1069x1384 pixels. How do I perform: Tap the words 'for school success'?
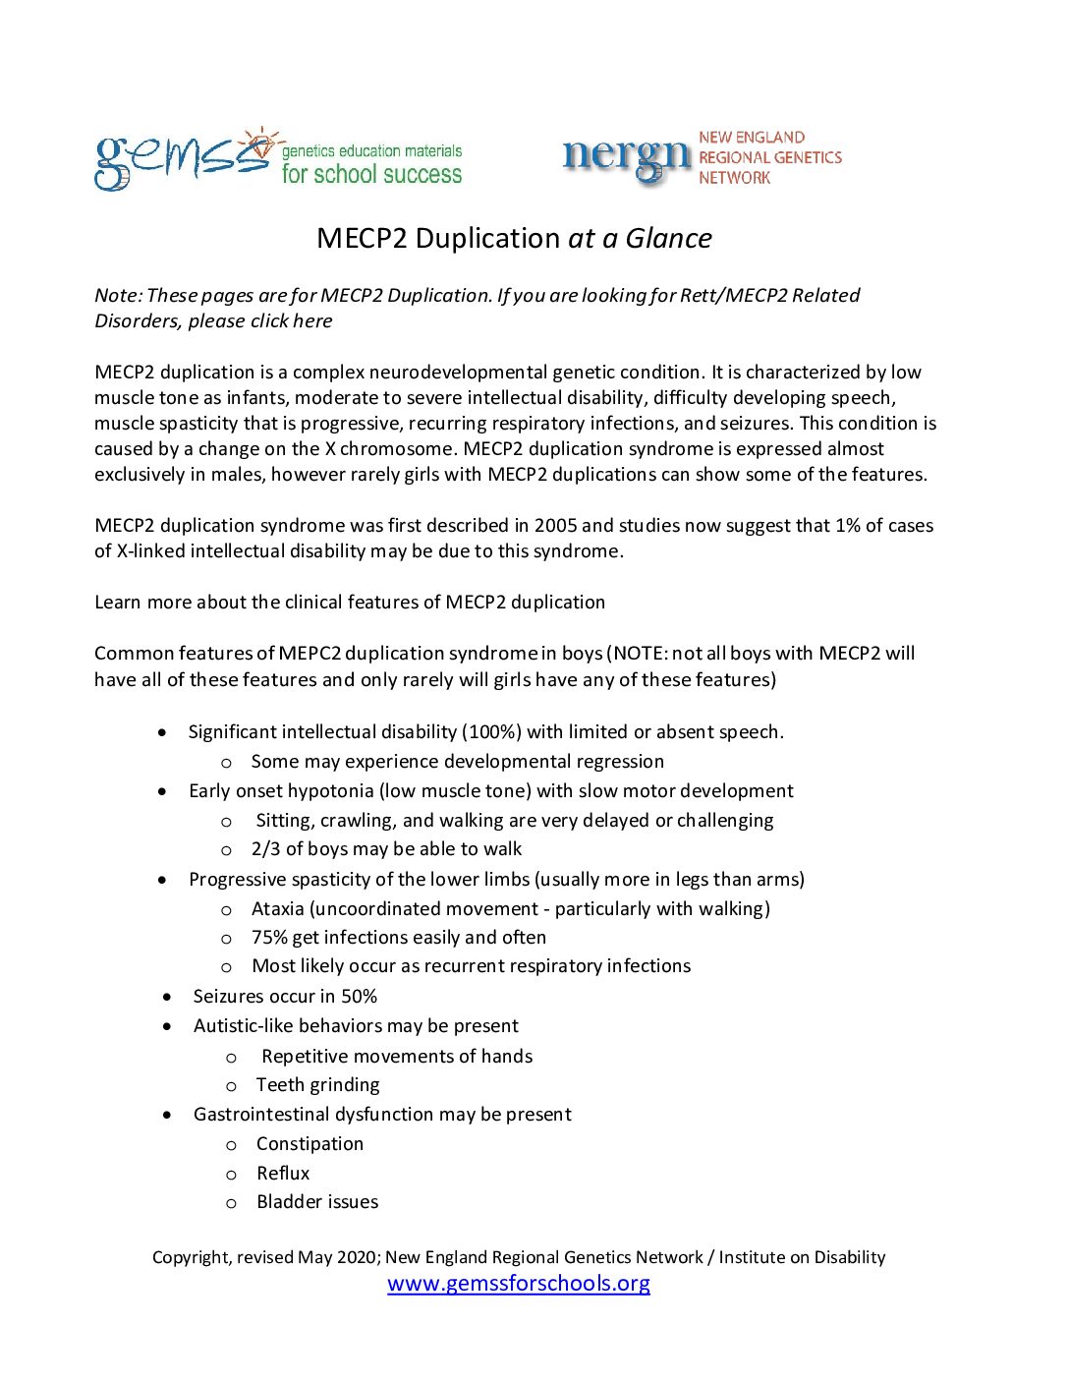(371, 175)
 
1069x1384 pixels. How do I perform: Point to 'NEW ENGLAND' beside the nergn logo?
(752, 138)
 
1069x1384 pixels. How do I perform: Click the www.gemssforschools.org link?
(519, 1284)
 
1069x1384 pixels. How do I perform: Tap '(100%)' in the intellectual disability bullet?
(491, 732)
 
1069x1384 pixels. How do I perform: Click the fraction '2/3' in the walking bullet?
(265, 849)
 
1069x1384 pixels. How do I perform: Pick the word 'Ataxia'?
(278, 909)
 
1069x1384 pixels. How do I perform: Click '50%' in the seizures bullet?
(359, 997)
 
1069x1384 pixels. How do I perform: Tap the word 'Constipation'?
(309, 1144)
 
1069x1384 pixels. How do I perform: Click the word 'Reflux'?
(283, 1174)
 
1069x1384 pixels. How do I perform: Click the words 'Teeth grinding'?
(317, 1085)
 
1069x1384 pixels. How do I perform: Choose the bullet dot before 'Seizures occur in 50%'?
(167, 997)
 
